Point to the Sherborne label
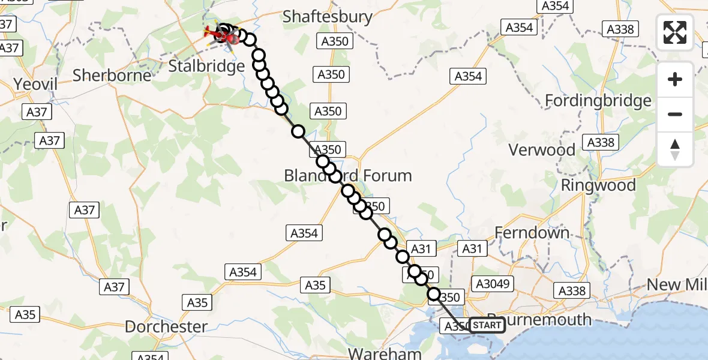pos(112,75)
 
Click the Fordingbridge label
pos(598,100)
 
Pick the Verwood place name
pos(542,149)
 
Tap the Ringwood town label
pos(598,185)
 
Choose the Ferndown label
pos(532,232)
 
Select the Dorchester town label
pos(166,327)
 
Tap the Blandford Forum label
pos(348,176)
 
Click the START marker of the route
pos(487,325)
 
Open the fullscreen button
pos(675,32)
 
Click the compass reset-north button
pos(675,149)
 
